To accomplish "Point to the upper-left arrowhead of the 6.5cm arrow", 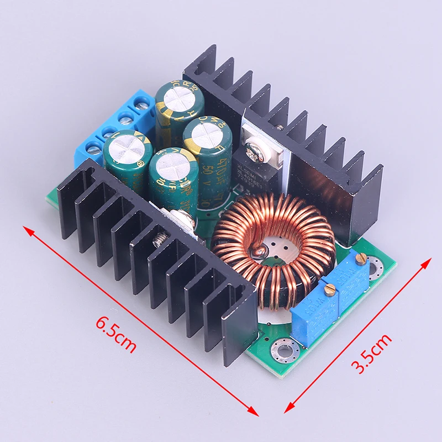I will [25, 227].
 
